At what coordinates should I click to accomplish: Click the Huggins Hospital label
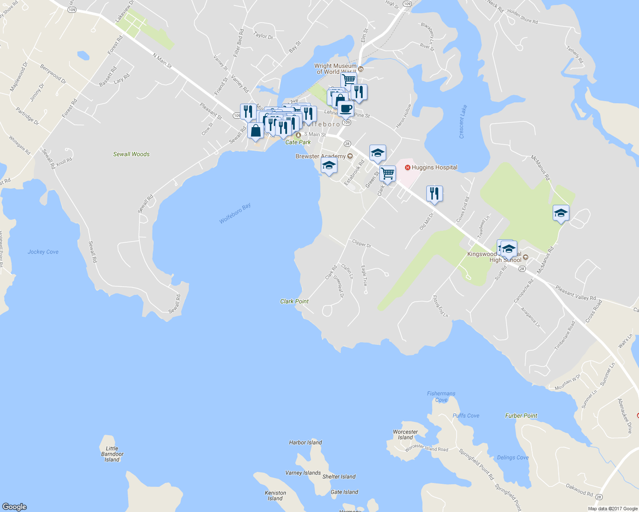pyautogui.click(x=434, y=168)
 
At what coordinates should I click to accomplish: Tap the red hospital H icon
pyautogui.click(x=407, y=168)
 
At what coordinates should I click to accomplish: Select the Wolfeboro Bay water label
pyautogui.click(x=235, y=213)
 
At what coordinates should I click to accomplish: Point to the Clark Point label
pyautogui.click(x=294, y=301)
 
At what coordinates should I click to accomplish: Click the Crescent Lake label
pyautogui.click(x=463, y=122)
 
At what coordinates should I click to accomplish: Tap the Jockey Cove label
pyautogui.click(x=43, y=252)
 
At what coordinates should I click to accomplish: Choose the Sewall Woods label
pyautogui.click(x=132, y=154)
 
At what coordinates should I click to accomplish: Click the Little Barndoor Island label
pyautogui.click(x=112, y=454)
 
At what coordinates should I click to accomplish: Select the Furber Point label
pyautogui.click(x=521, y=416)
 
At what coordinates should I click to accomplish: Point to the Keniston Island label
pyautogui.click(x=276, y=495)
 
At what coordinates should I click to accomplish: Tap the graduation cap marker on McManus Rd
pyautogui.click(x=560, y=213)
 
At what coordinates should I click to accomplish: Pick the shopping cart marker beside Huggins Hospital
pyautogui.click(x=387, y=174)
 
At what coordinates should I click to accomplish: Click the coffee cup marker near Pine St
pyautogui.click(x=346, y=108)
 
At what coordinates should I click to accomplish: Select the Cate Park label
pyautogui.click(x=298, y=142)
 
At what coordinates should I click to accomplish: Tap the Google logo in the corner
pyautogui.click(x=15, y=506)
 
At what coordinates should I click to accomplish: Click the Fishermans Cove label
pyautogui.click(x=441, y=397)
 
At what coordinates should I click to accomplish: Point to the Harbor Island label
pyautogui.click(x=305, y=442)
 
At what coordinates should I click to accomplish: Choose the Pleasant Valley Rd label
pyautogui.click(x=575, y=293)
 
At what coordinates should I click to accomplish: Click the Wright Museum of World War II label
pyautogui.click(x=335, y=69)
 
